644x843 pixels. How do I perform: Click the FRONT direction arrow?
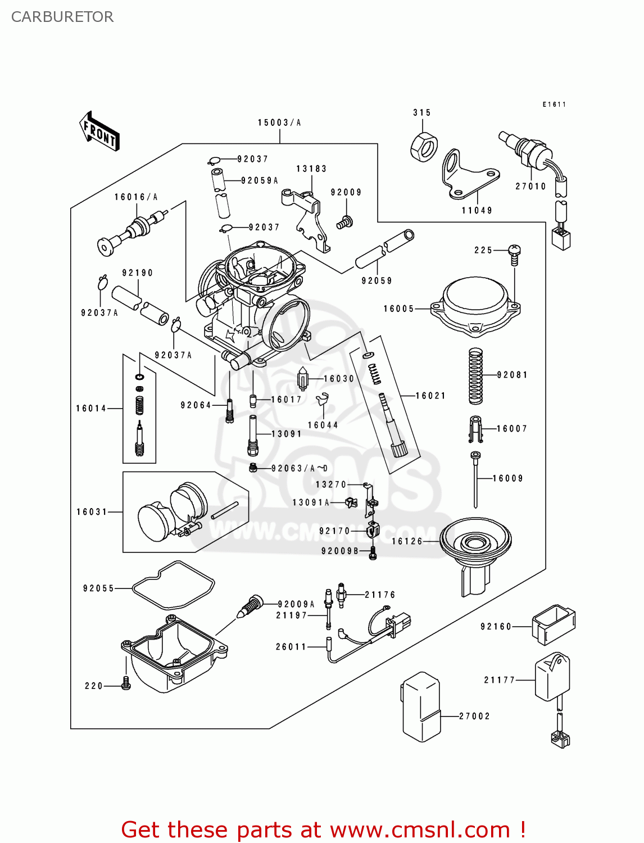pos(100,132)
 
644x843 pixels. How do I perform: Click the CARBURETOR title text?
pos(62,17)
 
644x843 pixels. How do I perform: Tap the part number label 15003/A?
pos(279,123)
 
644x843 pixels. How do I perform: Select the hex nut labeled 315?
pos(424,147)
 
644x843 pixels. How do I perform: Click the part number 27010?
pos(530,186)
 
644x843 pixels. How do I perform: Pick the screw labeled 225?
pos(514,253)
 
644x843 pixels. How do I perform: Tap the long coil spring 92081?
pos(475,375)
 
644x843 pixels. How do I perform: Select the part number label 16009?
pos(507,478)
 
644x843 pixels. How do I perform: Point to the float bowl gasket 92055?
pos(173,585)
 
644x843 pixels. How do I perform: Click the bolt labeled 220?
pos(126,683)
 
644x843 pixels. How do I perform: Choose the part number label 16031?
pos(92,512)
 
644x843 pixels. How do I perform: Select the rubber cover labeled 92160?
pos(554,624)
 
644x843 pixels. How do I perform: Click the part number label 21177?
pos(499,680)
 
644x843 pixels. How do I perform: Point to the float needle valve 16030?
pos(303,379)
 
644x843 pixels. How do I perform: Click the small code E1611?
pos(554,105)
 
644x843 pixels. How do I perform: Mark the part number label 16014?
pos(91,409)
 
